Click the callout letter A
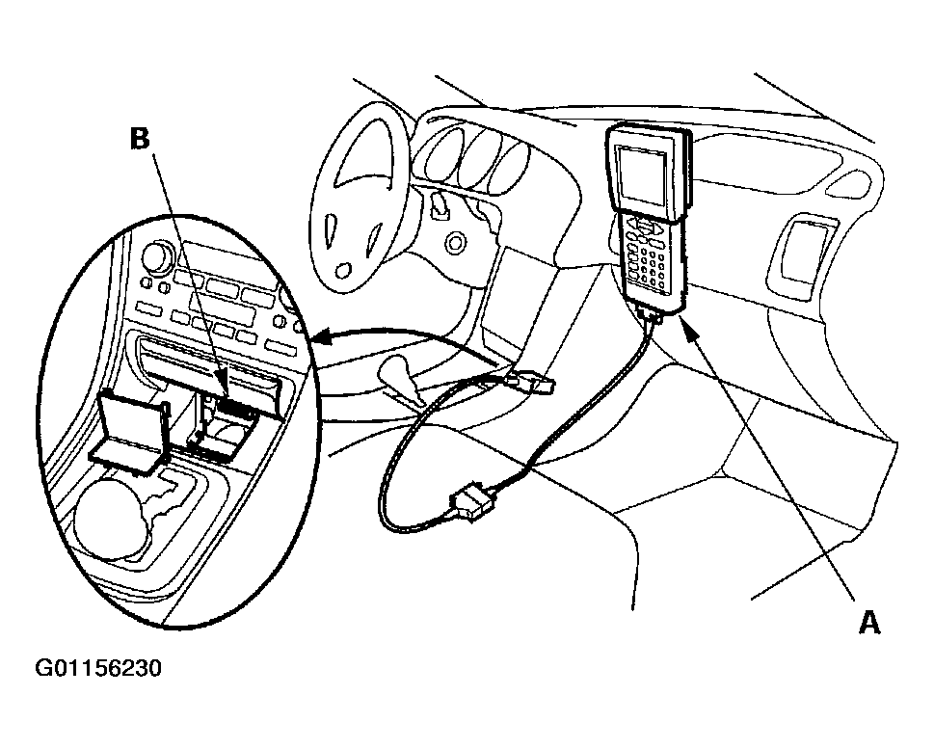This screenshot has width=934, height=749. click(x=869, y=624)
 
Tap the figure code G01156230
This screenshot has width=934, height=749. click(x=97, y=668)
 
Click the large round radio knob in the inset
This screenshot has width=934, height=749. click(x=154, y=257)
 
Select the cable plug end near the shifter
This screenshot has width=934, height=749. click(x=535, y=385)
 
